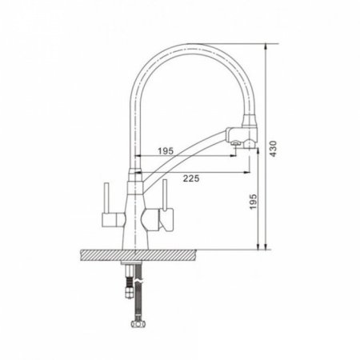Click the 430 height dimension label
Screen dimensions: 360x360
273,149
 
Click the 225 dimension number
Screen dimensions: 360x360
191,178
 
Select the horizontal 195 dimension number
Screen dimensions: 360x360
166,151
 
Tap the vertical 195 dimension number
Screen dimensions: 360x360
254,202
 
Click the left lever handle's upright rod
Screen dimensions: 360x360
106,198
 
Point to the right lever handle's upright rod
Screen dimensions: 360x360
165,194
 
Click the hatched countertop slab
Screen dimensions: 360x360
138,255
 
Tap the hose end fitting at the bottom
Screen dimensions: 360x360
138,324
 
